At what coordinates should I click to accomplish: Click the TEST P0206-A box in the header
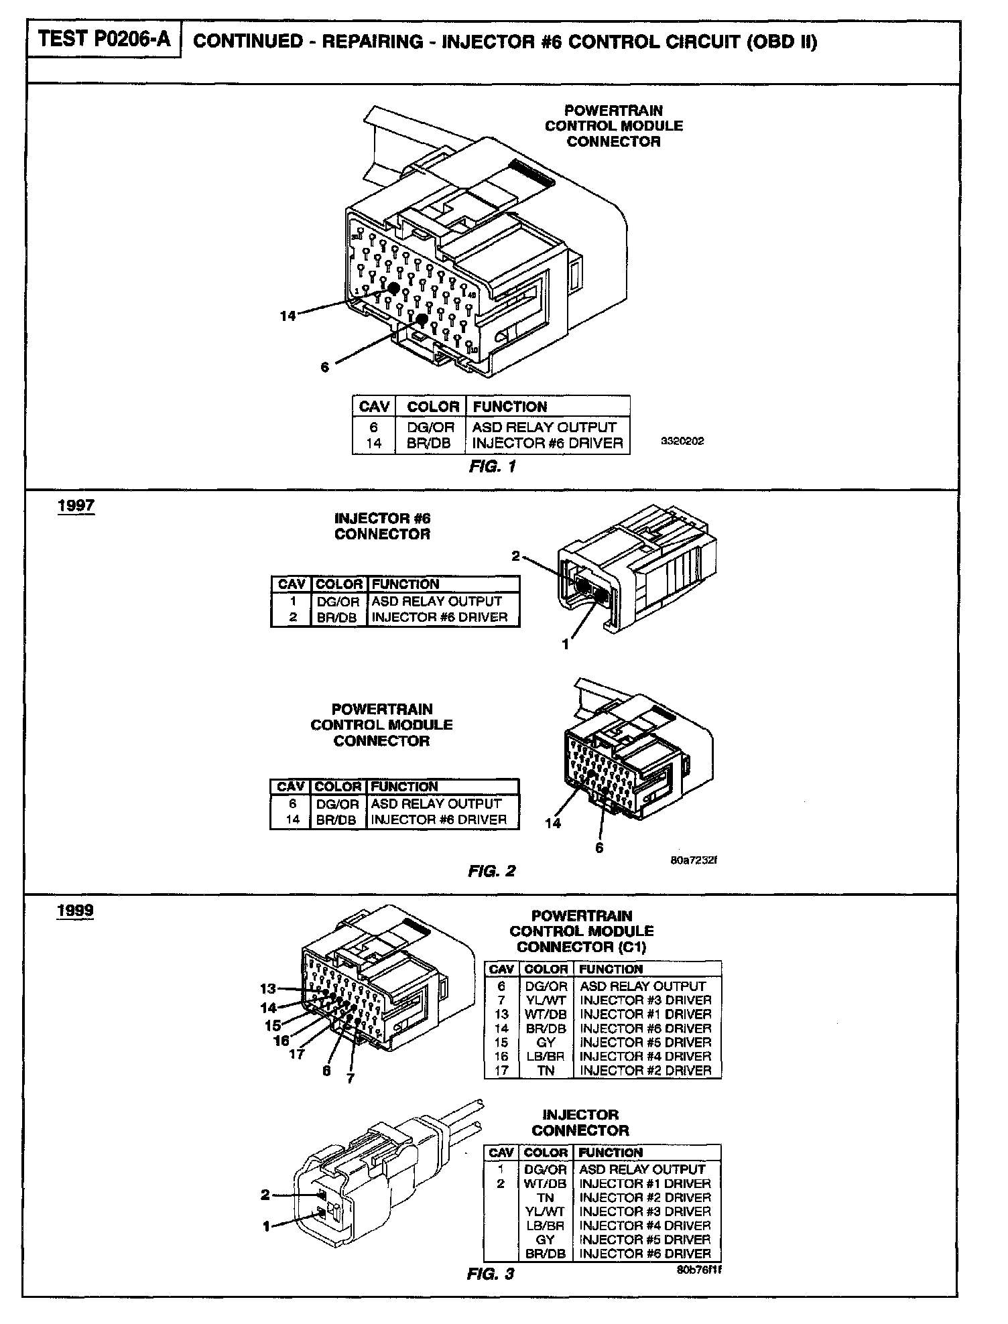pos(103,40)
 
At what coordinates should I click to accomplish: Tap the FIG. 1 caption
pos(492,467)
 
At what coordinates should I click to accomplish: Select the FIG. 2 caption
pos(491,871)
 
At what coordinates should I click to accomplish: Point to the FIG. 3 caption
pos(490,1274)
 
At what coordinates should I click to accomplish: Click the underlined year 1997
pos(76,505)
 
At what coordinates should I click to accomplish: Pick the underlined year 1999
pos(75,911)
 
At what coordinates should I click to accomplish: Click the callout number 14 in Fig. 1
pos(288,316)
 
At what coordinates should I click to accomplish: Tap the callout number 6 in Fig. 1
pos(325,367)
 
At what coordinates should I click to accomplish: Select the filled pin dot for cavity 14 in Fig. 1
pos(393,288)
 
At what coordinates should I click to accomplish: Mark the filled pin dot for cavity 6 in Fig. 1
pos(421,319)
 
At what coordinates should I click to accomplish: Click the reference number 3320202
pos(682,442)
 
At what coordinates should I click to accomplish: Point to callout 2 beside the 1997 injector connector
pos(515,555)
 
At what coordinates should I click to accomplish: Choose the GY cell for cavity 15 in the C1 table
pos(546,1042)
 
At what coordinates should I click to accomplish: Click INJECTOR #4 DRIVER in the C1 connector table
pos(645,1056)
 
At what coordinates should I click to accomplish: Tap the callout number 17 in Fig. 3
pos(297,1054)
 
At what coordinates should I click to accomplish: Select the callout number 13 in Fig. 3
pos(268,988)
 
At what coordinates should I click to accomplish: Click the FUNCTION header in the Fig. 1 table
pos(509,407)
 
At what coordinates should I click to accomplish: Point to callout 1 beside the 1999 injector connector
pos(266,1226)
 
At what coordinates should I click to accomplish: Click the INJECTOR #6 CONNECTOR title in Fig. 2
pos(382,526)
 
